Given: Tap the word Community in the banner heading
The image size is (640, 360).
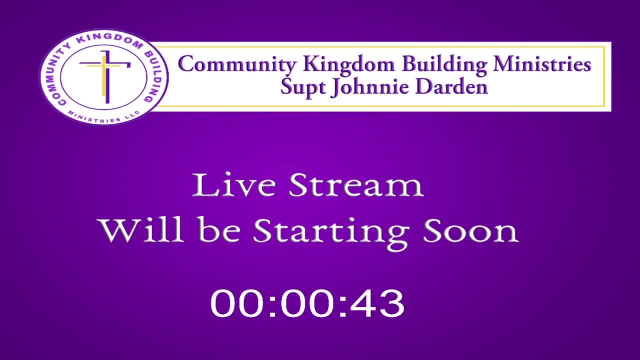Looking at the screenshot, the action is pos(237,65).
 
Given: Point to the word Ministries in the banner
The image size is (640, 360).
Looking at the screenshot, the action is pos(542,63).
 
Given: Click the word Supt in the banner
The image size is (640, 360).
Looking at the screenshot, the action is pos(303,87).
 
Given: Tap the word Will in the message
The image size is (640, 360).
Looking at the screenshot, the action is pos(140,230).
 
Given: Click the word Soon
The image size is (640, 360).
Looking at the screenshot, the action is pos(471,231).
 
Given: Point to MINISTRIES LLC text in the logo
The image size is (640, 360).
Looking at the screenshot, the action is pos(104,117).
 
